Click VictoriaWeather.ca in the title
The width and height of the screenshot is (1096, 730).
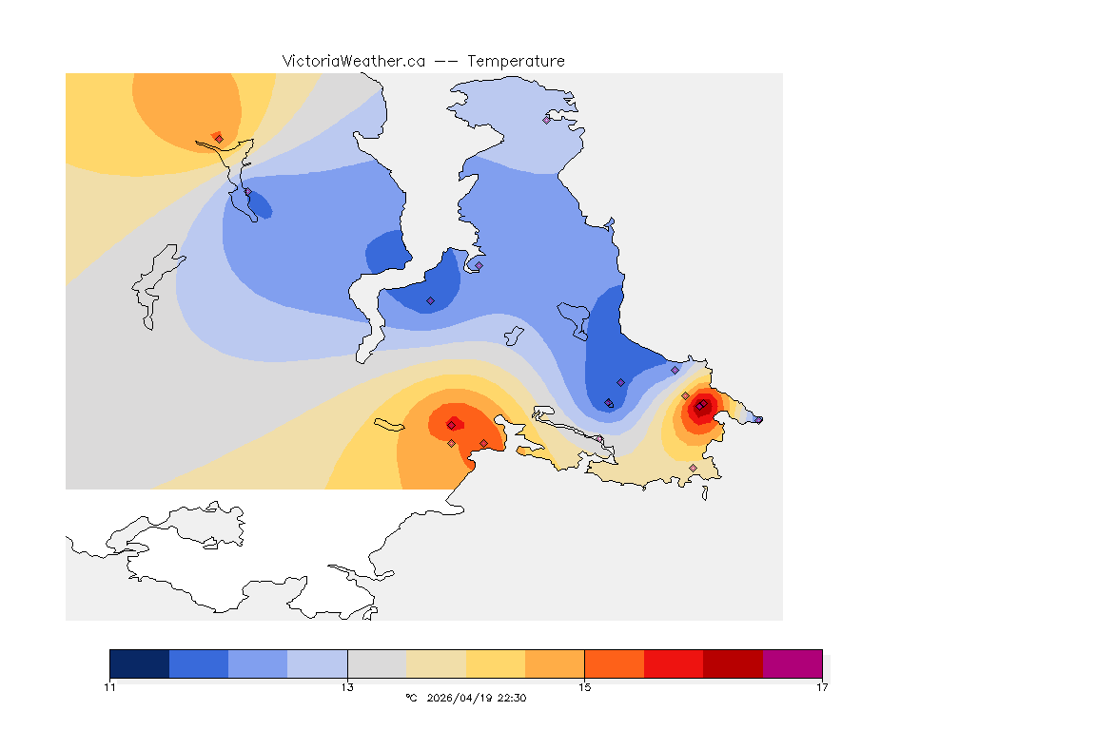pyautogui.click(x=353, y=61)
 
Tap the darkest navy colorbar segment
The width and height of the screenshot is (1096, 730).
pyautogui.click(x=140, y=663)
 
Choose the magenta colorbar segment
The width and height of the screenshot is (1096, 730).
pyautogui.click(x=793, y=663)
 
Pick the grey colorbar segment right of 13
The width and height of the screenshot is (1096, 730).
pyautogui.click(x=377, y=663)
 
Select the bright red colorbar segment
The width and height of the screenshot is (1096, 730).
pyautogui.click(x=674, y=663)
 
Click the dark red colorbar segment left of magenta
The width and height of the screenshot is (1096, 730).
pyautogui.click(x=733, y=663)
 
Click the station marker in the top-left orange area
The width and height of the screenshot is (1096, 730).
pyautogui.click(x=219, y=139)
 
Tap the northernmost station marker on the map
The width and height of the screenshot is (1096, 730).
pyautogui.click(x=546, y=120)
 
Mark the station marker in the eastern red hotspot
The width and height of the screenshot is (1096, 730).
pyautogui.click(x=700, y=406)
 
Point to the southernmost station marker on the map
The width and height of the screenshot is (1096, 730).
pyautogui.click(x=693, y=468)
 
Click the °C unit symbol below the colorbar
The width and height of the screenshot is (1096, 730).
pyautogui.click(x=411, y=698)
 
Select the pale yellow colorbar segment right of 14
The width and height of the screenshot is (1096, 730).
pyautogui.click(x=496, y=663)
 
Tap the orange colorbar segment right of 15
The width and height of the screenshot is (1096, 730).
pyautogui.click(x=615, y=663)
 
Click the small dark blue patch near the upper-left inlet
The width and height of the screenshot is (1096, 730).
pyautogui.click(x=257, y=203)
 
